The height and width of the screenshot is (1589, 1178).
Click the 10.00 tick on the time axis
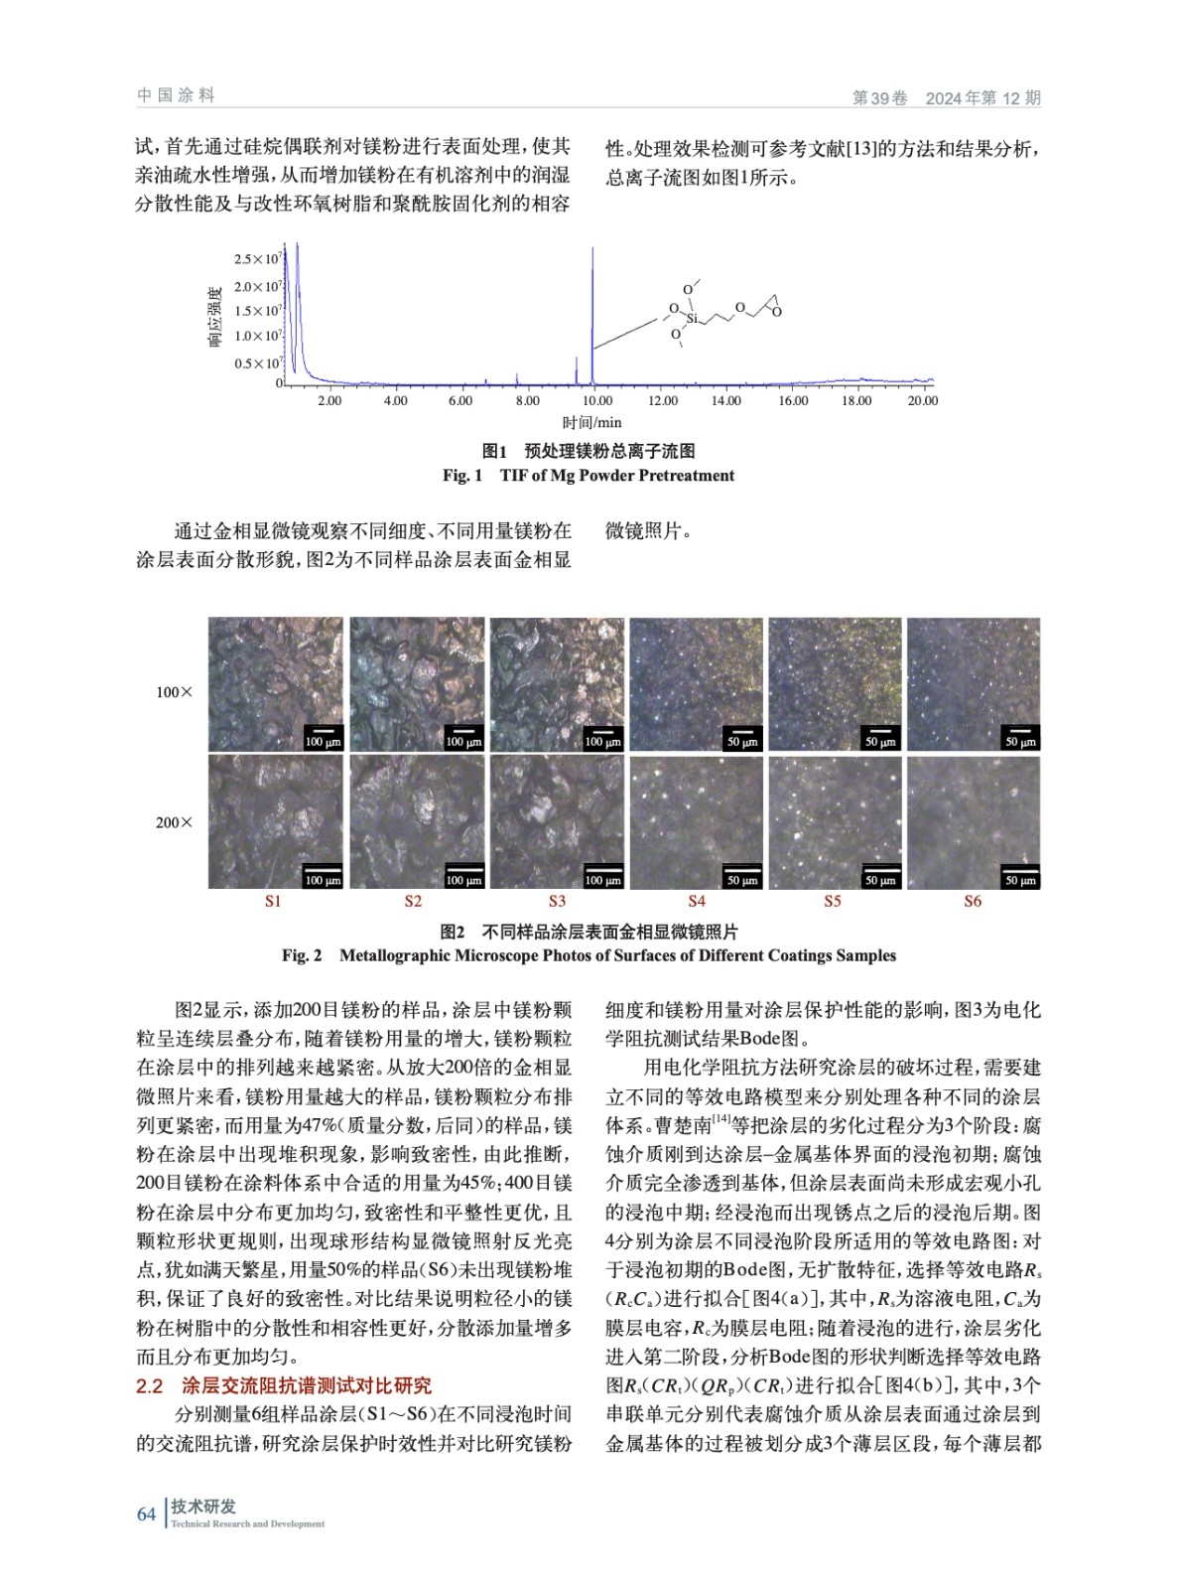[596, 400]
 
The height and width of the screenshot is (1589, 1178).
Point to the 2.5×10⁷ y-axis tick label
[257, 259]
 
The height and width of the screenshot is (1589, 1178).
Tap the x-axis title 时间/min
[591, 423]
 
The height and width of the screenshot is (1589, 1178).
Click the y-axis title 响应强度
[214, 316]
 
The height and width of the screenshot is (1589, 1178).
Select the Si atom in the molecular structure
[692, 318]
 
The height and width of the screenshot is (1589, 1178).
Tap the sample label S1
[273, 901]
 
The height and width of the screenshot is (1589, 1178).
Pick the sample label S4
[697, 901]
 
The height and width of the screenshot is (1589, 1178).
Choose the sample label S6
[973, 901]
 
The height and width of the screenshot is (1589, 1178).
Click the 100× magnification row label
[174, 692]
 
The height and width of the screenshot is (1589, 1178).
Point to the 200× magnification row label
[174, 822]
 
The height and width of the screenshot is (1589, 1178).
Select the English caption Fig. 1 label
[461, 475]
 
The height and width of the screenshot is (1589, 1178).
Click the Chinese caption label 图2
[453, 932]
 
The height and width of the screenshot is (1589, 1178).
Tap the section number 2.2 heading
[149, 1386]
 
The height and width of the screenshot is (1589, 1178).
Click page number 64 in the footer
[146, 1514]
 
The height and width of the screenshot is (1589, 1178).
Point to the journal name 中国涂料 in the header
[176, 95]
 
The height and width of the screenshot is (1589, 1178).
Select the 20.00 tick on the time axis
[922, 400]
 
